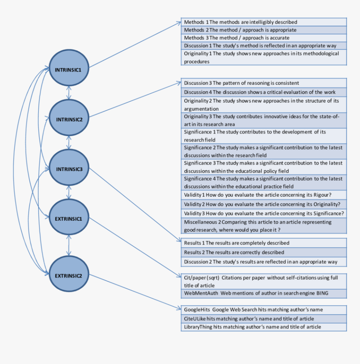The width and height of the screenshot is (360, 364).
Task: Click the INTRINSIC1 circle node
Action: pyautogui.click(x=69, y=69)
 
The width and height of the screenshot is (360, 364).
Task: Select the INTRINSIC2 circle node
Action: pyautogui.click(x=69, y=119)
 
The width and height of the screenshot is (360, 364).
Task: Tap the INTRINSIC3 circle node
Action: pyautogui.click(x=69, y=169)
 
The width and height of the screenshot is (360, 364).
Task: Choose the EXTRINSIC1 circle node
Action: pyautogui.click(x=69, y=218)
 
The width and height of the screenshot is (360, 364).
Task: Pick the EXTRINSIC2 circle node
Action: pyautogui.click(x=69, y=275)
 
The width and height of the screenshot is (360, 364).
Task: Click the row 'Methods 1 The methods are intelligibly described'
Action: pyautogui.click(x=264, y=22)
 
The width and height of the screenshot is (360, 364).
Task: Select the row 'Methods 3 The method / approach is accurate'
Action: pyautogui.click(x=264, y=38)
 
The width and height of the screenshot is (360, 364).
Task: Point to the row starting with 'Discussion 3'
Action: pyautogui.click(x=264, y=83)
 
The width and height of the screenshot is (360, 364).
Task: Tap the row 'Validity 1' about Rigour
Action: pyautogui.click(x=264, y=195)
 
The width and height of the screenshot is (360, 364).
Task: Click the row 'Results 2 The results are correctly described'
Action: pyautogui.click(x=264, y=252)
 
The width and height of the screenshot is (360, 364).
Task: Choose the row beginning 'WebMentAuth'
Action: pyautogui.click(x=264, y=293)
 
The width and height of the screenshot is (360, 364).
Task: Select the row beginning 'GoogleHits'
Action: pyautogui.click(x=264, y=310)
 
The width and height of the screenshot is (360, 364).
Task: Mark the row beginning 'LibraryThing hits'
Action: pyautogui.click(x=264, y=327)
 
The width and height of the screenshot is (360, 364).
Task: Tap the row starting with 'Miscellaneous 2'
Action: pyautogui.click(x=264, y=226)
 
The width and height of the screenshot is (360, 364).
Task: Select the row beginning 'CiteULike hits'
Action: pyautogui.click(x=264, y=318)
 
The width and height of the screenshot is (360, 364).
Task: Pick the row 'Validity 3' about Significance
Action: pyautogui.click(x=264, y=213)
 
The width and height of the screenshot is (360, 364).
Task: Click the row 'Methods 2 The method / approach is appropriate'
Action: pyautogui.click(x=264, y=30)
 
